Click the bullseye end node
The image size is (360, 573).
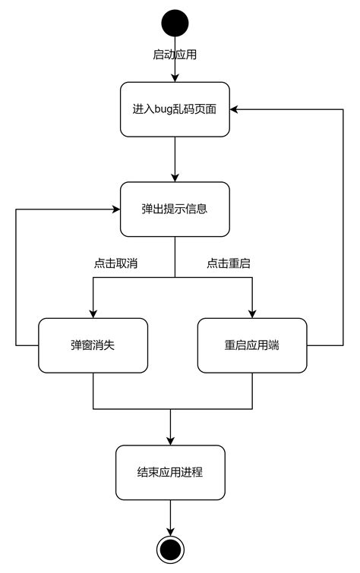(170, 548)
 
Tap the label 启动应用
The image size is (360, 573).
(175, 55)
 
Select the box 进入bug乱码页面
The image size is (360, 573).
(175, 109)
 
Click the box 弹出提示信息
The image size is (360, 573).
(175, 209)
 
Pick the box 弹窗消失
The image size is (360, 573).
(93, 345)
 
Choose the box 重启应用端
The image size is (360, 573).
(252, 345)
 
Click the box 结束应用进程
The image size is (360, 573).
(170, 472)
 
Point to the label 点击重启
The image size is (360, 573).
(229, 263)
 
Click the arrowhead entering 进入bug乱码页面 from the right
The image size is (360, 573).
(235, 109)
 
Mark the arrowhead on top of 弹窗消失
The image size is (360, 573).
(93, 313)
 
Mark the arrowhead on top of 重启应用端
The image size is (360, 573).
(252, 313)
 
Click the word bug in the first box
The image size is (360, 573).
(162, 109)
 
